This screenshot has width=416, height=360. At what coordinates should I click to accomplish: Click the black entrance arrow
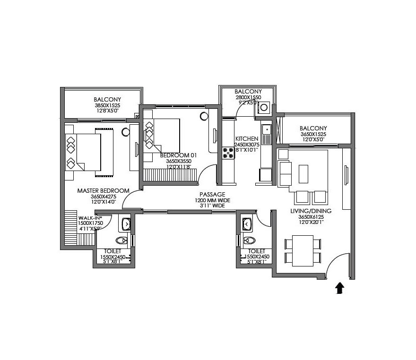[x=339, y=288]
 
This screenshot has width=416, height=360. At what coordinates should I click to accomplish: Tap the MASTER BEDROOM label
[x=103, y=190]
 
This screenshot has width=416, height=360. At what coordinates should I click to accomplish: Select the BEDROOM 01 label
[x=178, y=155]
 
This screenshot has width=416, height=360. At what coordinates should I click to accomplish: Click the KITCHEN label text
[x=246, y=138]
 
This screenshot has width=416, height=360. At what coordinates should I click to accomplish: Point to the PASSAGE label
[x=212, y=194]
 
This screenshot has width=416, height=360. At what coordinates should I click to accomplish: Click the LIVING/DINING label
[x=311, y=211]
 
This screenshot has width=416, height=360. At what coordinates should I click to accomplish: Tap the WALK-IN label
[x=88, y=218]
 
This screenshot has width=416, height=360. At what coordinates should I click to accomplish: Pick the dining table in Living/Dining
[x=303, y=250]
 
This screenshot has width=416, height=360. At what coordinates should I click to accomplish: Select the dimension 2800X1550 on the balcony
[x=248, y=97]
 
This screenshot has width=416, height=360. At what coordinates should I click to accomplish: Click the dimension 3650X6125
[x=311, y=217]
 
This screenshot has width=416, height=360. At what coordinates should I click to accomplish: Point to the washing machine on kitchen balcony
[x=263, y=108]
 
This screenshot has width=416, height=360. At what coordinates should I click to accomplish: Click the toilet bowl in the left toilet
[x=121, y=240]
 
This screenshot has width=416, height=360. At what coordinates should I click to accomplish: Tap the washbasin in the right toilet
[x=247, y=223]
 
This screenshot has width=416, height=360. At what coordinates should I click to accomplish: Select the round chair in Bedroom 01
[x=204, y=116]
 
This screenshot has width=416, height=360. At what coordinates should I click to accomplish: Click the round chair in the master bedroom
[x=126, y=132]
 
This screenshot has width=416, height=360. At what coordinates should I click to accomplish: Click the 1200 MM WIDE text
[x=212, y=200]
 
